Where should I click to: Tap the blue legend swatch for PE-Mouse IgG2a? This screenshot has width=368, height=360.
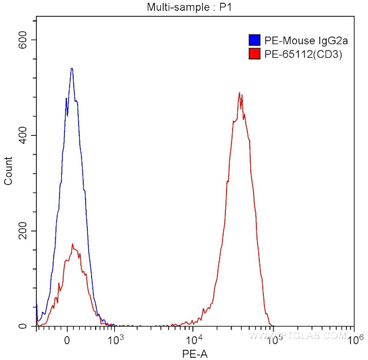click(x=254, y=40)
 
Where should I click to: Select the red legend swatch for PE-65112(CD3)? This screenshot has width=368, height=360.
click(x=254, y=54)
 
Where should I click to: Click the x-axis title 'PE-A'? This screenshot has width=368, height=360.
click(x=194, y=353)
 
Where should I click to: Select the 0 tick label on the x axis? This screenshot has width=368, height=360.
click(x=67, y=340)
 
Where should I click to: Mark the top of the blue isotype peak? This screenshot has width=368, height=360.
click(x=72, y=68)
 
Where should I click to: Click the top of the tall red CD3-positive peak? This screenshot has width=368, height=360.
click(x=239, y=93)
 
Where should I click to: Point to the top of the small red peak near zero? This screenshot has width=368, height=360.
click(x=73, y=244)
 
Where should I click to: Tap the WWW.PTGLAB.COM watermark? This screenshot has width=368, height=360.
click(x=297, y=336)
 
